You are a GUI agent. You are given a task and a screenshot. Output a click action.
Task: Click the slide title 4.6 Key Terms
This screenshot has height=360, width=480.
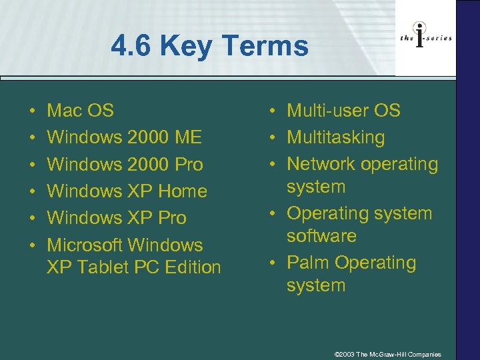point(210,47)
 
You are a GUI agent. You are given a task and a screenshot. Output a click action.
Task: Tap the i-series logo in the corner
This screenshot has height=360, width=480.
point(426,39)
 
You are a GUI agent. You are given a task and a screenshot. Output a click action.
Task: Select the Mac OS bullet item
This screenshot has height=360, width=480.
point(81,111)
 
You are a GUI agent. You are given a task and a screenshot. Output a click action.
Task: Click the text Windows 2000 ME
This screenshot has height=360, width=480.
point(125,137)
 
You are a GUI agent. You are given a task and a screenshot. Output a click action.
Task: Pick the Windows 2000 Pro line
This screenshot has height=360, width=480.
point(125,164)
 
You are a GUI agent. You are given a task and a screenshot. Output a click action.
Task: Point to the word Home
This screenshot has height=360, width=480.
point(183,191)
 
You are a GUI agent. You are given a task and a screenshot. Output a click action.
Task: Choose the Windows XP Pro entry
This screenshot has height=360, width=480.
point(117,217)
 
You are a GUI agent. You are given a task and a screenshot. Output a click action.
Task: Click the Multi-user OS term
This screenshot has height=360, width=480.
point(343,111)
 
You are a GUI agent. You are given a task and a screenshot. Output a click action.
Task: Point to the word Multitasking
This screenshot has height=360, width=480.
point(336,137)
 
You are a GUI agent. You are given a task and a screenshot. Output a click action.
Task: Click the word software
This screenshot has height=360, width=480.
point(322,236)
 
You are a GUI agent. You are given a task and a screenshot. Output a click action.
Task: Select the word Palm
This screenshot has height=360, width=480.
point(308,263)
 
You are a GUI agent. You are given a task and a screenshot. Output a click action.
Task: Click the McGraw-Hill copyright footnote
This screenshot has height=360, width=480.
point(387,353)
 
